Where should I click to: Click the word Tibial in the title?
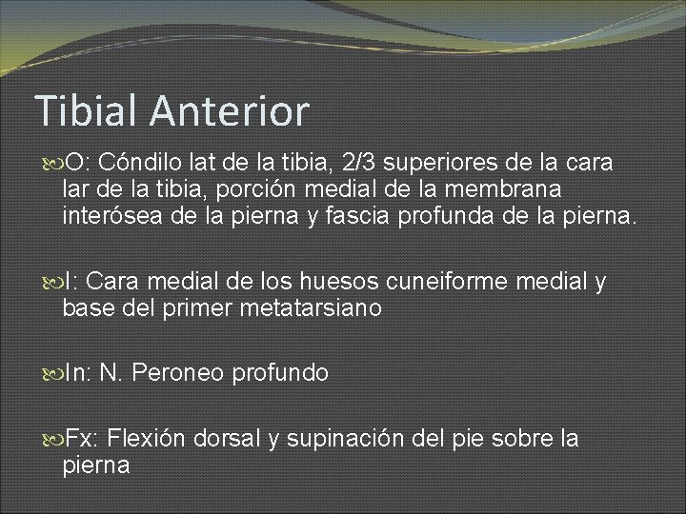[87, 111]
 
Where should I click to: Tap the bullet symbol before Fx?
[53, 440]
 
